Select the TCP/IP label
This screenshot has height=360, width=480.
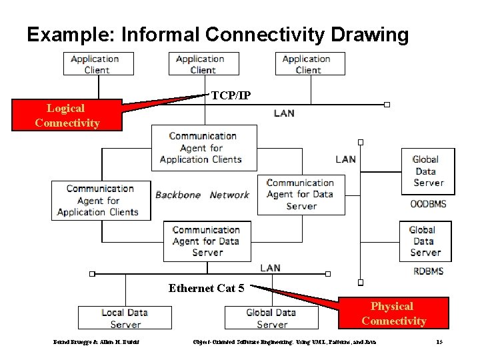[x=231, y=95]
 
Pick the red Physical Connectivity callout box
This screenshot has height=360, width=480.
[x=393, y=313]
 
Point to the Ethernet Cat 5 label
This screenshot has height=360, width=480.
[x=206, y=288]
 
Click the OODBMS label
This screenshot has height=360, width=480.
[x=428, y=203]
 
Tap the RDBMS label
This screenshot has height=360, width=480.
[x=428, y=271]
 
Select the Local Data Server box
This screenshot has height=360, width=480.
[x=125, y=318]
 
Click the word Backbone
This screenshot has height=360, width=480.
[x=178, y=195]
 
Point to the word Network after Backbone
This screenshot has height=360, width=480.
[x=229, y=195]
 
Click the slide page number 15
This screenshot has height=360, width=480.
[x=439, y=342]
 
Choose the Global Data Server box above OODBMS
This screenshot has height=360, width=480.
[x=427, y=171]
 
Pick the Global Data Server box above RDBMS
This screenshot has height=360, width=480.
[x=425, y=241]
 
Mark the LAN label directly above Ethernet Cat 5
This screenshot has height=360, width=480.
[x=270, y=267]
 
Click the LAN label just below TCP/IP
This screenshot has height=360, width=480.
[x=284, y=113]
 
